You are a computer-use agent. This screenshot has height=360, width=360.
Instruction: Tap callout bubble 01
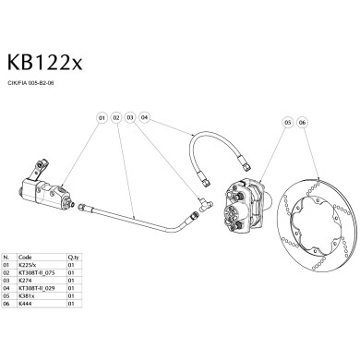pyautogui.click(x=100, y=118)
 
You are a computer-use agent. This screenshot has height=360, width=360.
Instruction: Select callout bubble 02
pyautogui.click(x=115, y=118)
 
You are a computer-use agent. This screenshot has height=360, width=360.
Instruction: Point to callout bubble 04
pyautogui.click(x=145, y=118)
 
